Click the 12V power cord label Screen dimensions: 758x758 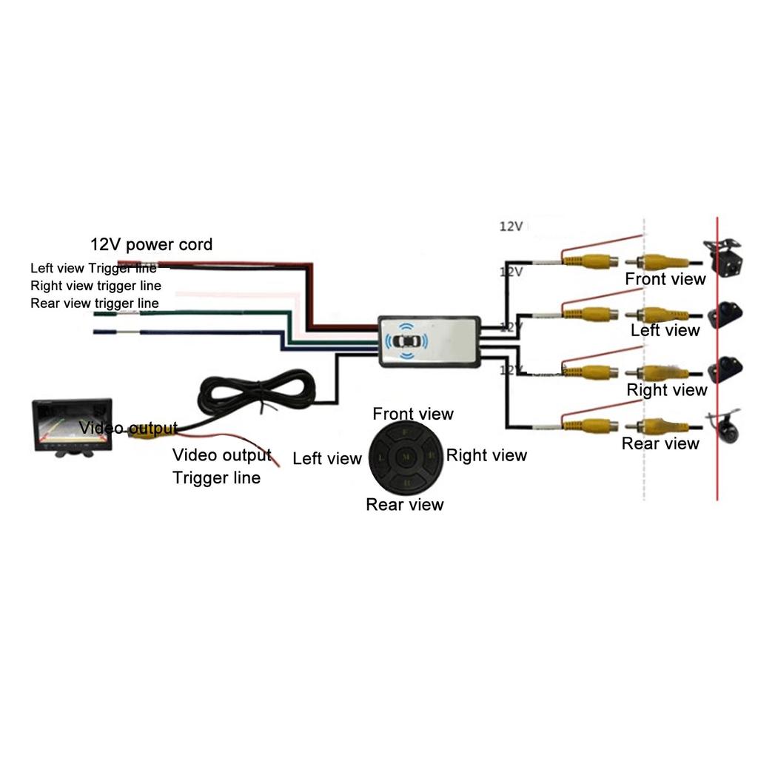point(151,244)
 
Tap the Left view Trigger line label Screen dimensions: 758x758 point(93,268)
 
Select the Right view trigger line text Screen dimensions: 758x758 point(95,285)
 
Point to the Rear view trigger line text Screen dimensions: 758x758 point(94,303)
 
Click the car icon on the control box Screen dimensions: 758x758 point(405,341)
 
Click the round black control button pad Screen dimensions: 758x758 point(405,457)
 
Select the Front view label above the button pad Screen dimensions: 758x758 point(412,414)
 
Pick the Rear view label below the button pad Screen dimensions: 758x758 point(405,504)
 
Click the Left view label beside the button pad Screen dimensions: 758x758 point(327,458)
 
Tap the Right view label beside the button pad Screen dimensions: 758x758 point(486,455)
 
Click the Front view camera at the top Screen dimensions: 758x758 point(720,255)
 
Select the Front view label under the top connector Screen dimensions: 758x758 point(665,279)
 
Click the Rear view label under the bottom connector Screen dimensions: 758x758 point(660,443)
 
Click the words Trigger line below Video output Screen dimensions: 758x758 point(217,477)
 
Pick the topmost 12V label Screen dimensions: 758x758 point(511,227)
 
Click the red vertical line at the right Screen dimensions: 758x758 point(717,355)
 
